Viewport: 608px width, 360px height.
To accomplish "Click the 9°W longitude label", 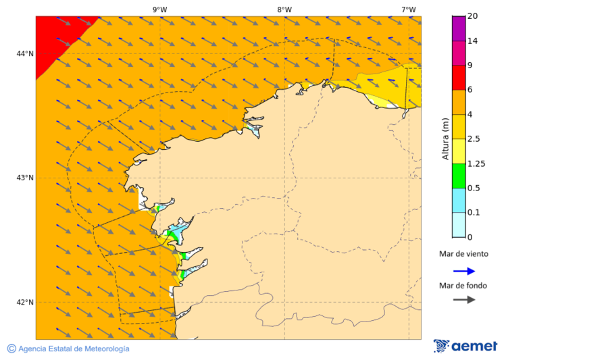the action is [x=159, y=9].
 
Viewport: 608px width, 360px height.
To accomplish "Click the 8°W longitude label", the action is [x=284, y=9].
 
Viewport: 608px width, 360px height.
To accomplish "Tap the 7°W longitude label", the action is [x=408, y=9].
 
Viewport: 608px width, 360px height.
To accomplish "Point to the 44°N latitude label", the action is [x=25, y=53].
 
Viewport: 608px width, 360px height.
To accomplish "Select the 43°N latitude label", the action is [x=25, y=178].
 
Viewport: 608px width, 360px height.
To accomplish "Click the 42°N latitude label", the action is [x=25, y=302].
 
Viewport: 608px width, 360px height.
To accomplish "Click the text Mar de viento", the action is [x=463, y=254].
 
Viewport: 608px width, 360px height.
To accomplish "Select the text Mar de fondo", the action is [x=463, y=285].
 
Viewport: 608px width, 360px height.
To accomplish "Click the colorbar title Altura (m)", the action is [x=445, y=138].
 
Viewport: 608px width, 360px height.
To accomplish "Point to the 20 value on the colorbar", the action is [x=473, y=16].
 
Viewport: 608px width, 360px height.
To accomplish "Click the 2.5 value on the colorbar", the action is [x=476, y=139].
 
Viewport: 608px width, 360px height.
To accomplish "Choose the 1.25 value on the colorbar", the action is [x=477, y=163].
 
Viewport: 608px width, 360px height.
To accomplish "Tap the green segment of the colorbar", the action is [x=458, y=176].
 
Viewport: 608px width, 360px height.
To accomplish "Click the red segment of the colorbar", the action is [x=458, y=78].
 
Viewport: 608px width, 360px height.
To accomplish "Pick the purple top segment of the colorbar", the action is [x=458, y=28].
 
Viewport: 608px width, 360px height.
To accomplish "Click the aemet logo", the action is [x=465, y=346].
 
